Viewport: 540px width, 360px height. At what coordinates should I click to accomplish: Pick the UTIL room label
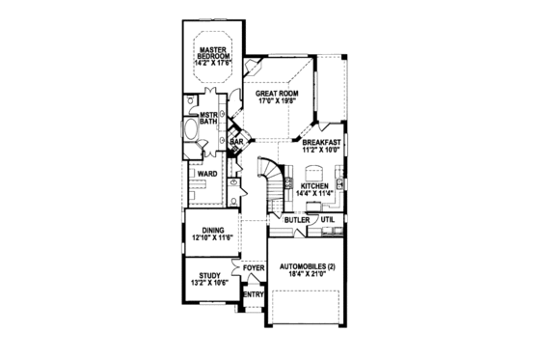click(x=328, y=220)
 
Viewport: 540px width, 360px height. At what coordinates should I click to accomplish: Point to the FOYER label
click(x=254, y=269)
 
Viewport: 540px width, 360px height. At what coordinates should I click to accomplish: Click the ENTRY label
click(x=253, y=294)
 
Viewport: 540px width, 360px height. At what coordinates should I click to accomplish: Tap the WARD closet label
click(x=207, y=175)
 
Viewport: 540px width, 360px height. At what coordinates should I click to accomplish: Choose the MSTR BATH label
click(x=206, y=119)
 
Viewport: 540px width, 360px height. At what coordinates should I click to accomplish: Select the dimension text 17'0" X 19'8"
click(x=279, y=102)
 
